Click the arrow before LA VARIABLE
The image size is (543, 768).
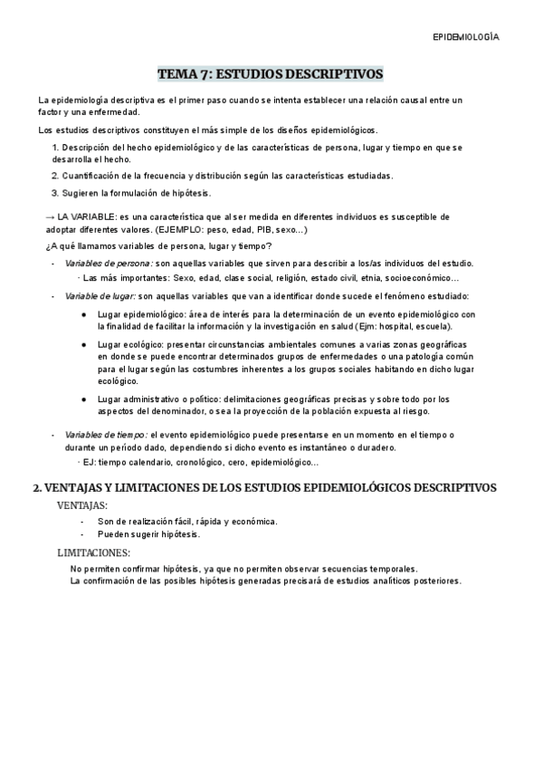pos(50,217)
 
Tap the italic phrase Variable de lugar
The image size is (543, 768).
pos(100,296)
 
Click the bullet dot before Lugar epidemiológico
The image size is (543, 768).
pos(83,313)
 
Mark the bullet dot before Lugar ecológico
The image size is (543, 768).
pos(83,347)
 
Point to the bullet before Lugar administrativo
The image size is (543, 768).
pos(83,398)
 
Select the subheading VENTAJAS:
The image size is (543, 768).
pos(82,504)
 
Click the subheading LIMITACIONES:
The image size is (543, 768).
pos(93,552)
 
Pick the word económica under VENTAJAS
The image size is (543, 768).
pos(254,522)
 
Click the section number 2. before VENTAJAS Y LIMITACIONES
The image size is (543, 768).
pos(37,487)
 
